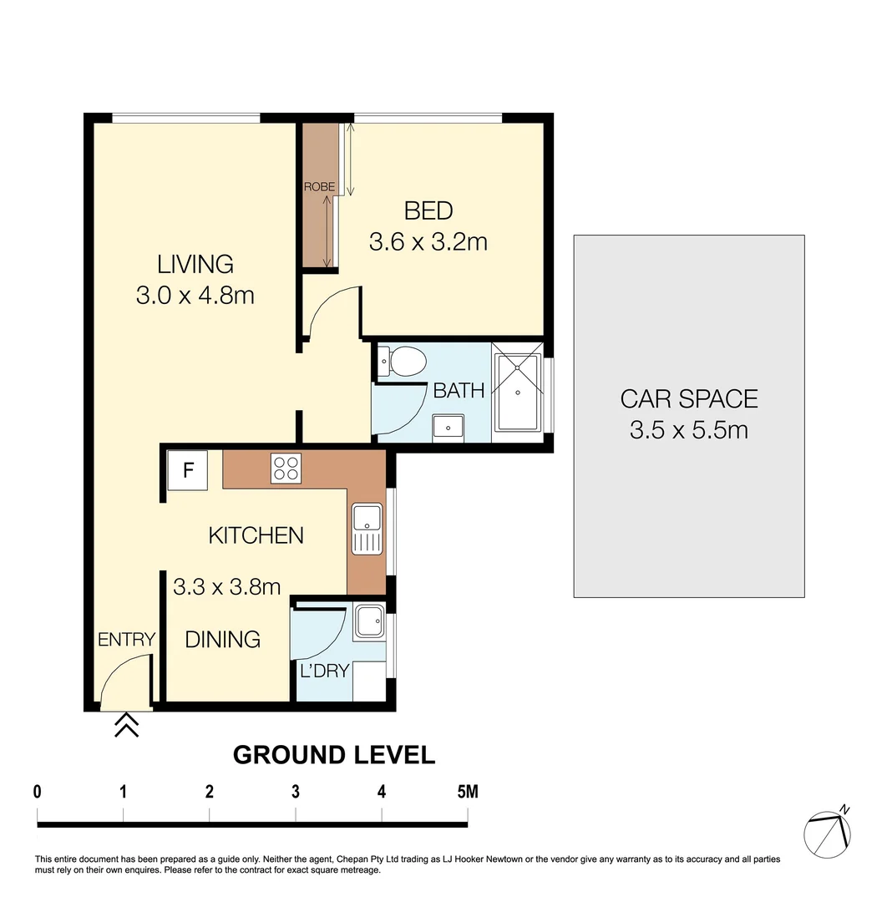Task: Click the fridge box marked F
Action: point(188,471)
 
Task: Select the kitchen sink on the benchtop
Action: point(367,530)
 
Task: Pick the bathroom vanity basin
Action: point(448,427)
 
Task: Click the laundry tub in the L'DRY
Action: point(368,623)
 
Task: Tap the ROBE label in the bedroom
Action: point(319,188)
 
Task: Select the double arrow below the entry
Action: point(126,725)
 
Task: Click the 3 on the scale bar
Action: point(296,791)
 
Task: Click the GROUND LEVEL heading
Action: point(333,755)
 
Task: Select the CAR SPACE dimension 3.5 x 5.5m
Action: point(688,431)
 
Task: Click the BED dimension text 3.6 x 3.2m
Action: point(428,242)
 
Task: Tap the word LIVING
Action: point(195,265)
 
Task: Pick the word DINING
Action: point(222,640)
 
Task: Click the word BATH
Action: point(459,390)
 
